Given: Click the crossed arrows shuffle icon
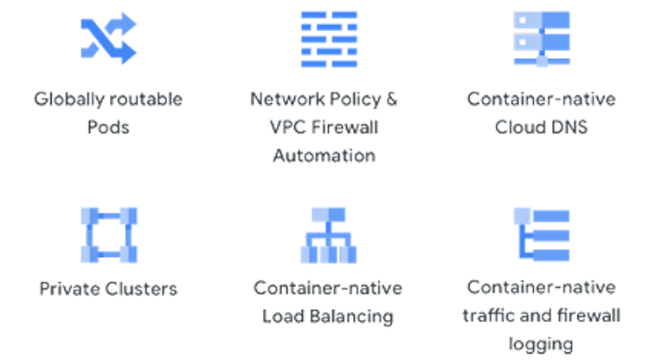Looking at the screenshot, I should click(108, 39).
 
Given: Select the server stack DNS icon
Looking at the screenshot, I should click(542, 39).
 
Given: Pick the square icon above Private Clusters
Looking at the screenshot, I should click(108, 235).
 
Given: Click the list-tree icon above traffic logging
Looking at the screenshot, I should click(542, 235).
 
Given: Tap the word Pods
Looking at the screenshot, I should click(108, 127).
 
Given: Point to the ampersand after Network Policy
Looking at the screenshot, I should click(392, 99).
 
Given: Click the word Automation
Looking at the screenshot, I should click(324, 157).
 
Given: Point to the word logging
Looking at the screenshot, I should click(542, 344).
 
